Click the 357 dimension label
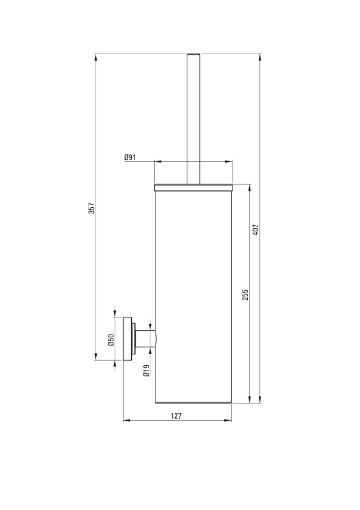(x=92, y=208)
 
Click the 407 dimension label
(x=256, y=229)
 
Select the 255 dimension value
(x=245, y=295)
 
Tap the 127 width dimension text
(x=176, y=416)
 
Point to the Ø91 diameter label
(x=130, y=157)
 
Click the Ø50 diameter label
(x=112, y=340)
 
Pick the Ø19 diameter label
(x=147, y=370)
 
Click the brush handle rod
(x=193, y=119)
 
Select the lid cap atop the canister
(x=193, y=187)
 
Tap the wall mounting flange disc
(x=127, y=339)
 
